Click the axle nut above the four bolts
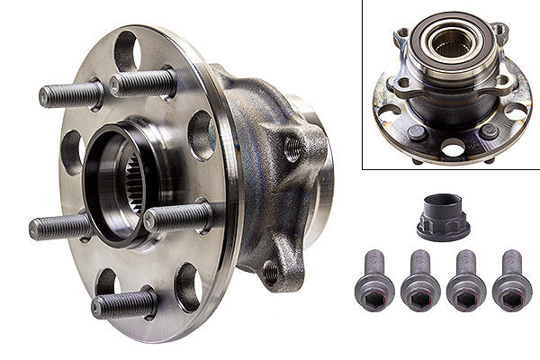443,216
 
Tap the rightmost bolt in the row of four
512,282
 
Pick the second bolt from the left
418,282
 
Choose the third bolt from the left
465,282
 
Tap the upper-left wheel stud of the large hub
72,94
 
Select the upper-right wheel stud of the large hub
144,84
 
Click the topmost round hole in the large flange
125,50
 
